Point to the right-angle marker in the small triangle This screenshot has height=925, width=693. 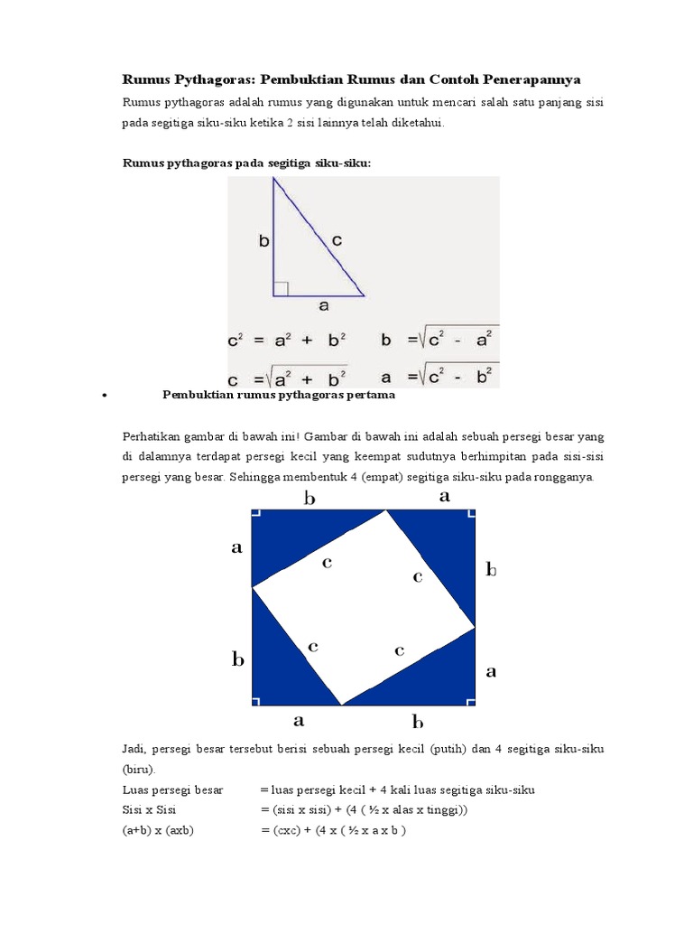(281, 288)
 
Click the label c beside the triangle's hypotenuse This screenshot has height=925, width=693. (337, 240)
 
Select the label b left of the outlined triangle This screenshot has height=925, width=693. (263, 240)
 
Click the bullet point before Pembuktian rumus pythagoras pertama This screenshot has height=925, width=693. (106, 396)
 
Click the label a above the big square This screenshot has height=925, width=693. (444, 496)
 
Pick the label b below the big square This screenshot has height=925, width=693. (418, 721)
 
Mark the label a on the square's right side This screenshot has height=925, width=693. (492, 671)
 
